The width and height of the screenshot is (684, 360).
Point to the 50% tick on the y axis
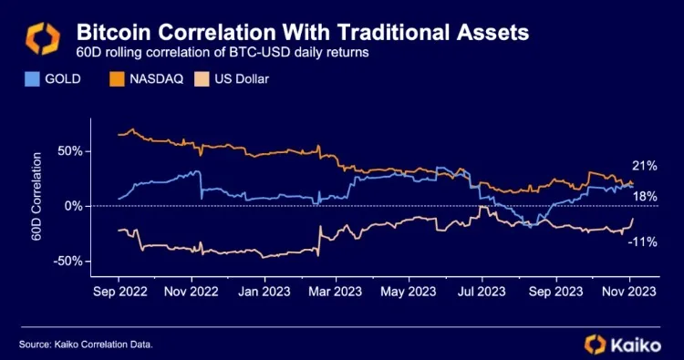click(x=69, y=150)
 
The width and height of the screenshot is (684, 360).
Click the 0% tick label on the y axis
click(x=74, y=206)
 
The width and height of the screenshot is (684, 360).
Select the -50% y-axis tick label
click(x=67, y=262)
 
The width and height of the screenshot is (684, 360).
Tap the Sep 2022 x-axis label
click(x=118, y=293)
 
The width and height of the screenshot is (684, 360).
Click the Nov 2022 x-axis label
click(x=191, y=293)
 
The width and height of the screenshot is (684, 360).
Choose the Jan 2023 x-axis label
click(x=264, y=293)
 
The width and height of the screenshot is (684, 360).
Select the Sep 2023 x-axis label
click(x=555, y=293)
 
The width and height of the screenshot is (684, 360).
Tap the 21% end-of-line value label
click(x=645, y=166)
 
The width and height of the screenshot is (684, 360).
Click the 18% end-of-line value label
click(x=645, y=196)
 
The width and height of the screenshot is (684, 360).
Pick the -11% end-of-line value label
click(x=644, y=242)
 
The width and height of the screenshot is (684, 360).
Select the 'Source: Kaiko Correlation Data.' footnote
click(x=85, y=344)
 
